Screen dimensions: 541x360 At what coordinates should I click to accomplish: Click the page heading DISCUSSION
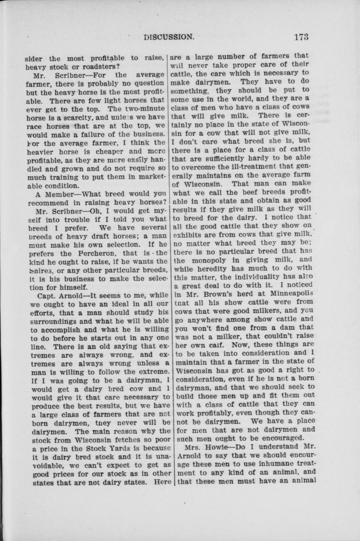tap(169, 37)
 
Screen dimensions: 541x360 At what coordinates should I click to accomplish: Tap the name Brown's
tap(208, 293)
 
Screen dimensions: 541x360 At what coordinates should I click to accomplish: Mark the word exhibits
tap(190, 235)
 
